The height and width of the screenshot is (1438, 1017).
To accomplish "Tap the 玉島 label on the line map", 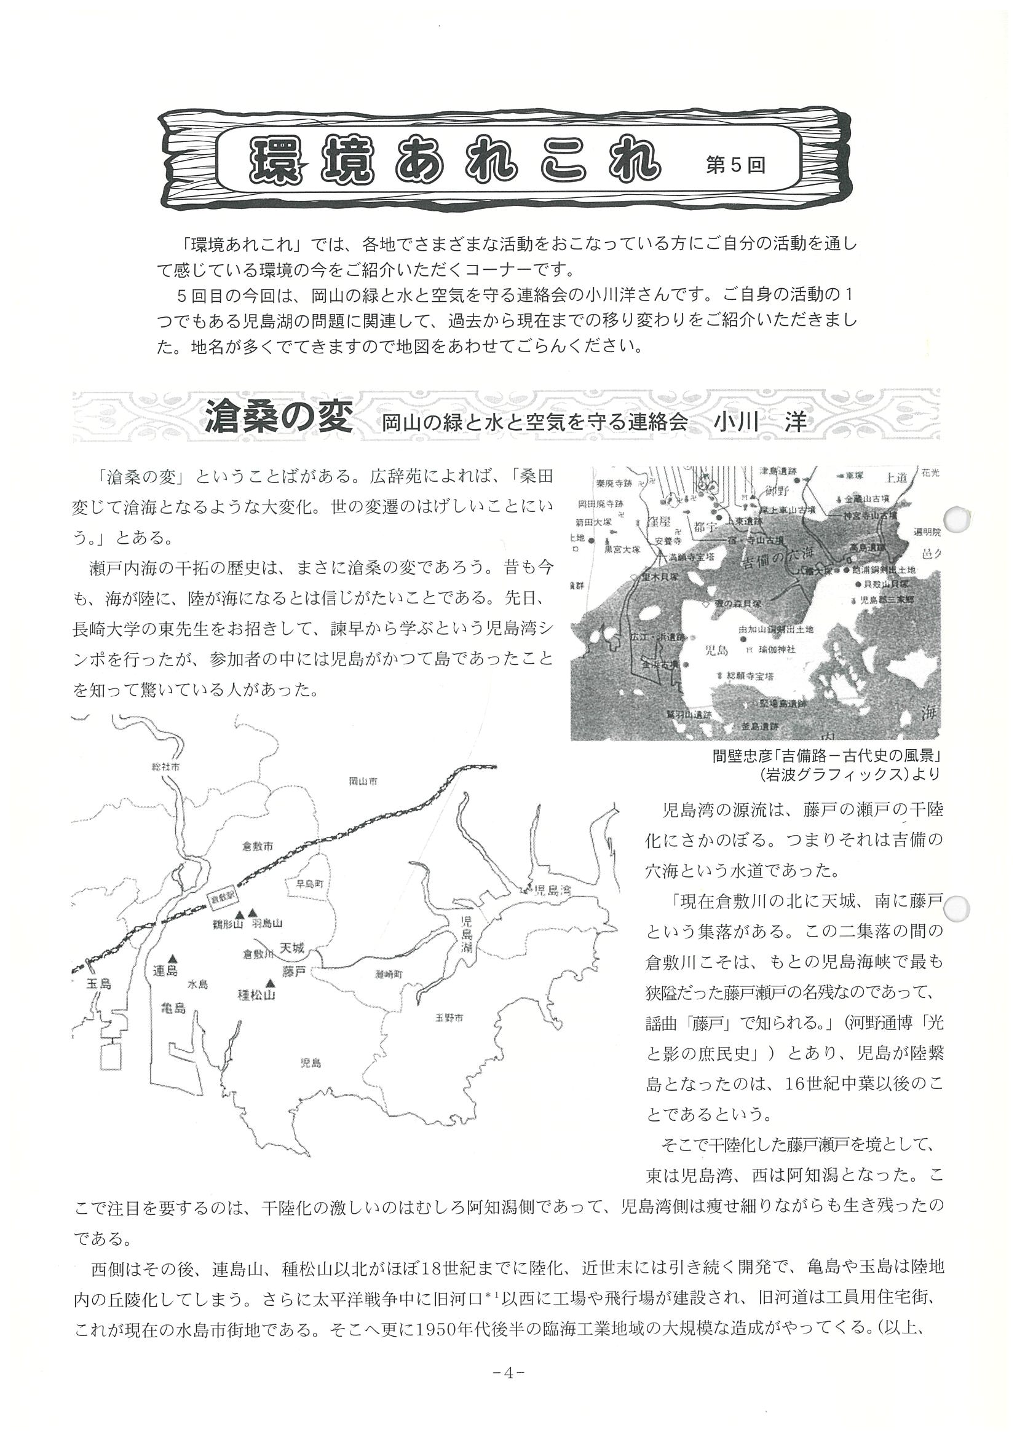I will tap(98, 984).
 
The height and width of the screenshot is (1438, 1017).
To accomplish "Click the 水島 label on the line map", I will tap(198, 984).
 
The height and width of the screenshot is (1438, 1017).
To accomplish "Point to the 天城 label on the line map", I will tap(293, 948).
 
